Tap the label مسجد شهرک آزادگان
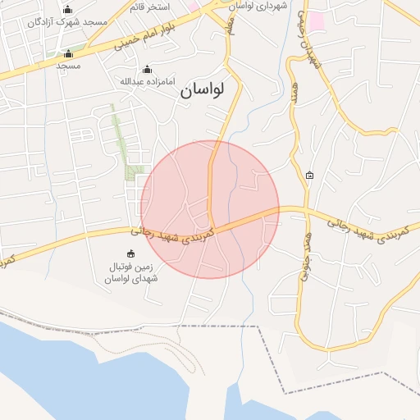click(x=67, y=21)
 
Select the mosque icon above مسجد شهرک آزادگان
click(x=67, y=8)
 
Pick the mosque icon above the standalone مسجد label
click(x=68, y=53)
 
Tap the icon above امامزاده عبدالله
click(x=147, y=69)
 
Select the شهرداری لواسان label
click(x=257, y=6)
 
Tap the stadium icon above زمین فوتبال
click(x=130, y=253)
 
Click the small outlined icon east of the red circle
click(x=309, y=175)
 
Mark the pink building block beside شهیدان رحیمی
click(x=316, y=21)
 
